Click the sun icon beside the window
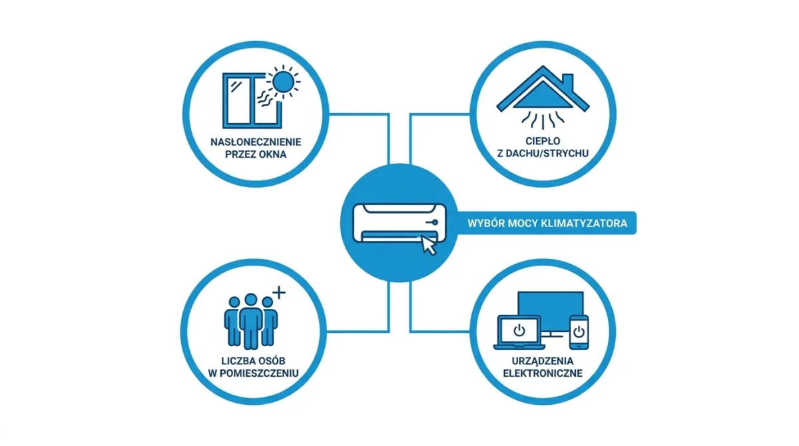[x=283, y=82]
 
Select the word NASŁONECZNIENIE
[x=256, y=142]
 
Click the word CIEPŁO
[x=543, y=141]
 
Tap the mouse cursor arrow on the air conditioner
[x=429, y=245]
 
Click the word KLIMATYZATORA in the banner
[x=584, y=224]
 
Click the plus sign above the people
[x=279, y=292]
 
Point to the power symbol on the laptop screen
[x=519, y=330]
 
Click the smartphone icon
[x=579, y=332]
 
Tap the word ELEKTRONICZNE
[x=543, y=373]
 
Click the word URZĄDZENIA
[x=543, y=361]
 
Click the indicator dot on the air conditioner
[x=435, y=222]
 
